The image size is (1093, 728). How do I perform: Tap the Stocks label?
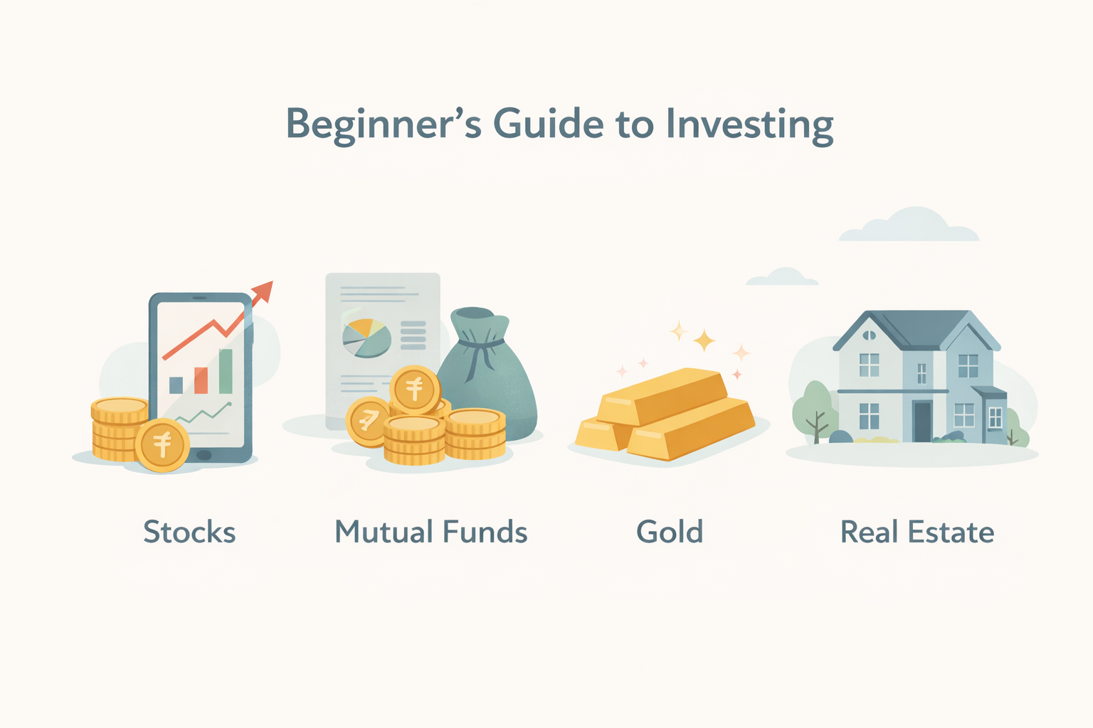click(x=189, y=532)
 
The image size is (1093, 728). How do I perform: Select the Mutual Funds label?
click(x=431, y=532)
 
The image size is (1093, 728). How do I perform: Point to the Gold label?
click(x=670, y=532)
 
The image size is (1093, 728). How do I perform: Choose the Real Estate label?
click(x=917, y=532)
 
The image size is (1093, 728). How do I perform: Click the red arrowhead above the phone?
click(x=263, y=291)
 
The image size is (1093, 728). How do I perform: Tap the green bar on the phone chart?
click(x=226, y=371)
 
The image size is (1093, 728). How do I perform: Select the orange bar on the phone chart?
click(x=201, y=380)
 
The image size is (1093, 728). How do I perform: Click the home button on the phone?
click(x=204, y=454)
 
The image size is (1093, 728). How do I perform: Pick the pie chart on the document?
click(x=366, y=337)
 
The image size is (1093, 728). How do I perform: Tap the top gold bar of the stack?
click(x=662, y=395)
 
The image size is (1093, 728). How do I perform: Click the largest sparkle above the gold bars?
click(x=704, y=341)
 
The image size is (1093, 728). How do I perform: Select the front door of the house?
click(x=922, y=421)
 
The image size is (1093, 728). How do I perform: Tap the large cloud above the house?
click(x=909, y=226)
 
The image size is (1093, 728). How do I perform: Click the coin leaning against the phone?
click(x=162, y=445)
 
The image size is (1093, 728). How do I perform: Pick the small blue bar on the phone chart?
click(x=176, y=385)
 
